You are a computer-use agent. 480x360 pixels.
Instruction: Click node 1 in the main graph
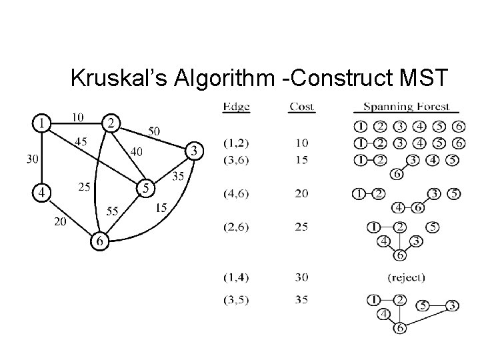pyautogui.click(x=43, y=123)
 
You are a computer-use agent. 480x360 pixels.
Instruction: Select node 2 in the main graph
pyautogui.click(x=111, y=123)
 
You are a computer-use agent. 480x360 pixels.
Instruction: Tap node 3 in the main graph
pyautogui.click(x=193, y=151)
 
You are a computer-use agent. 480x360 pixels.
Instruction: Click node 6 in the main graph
pyautogui.click(x=99, y=242)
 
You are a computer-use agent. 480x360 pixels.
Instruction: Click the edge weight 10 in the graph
pyautogui.click(x=77, y=117)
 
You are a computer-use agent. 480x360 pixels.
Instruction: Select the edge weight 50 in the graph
pyautogui.click(x=153, y=132)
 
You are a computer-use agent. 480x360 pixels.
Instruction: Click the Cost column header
pyautogui.click(x=302, y=107)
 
